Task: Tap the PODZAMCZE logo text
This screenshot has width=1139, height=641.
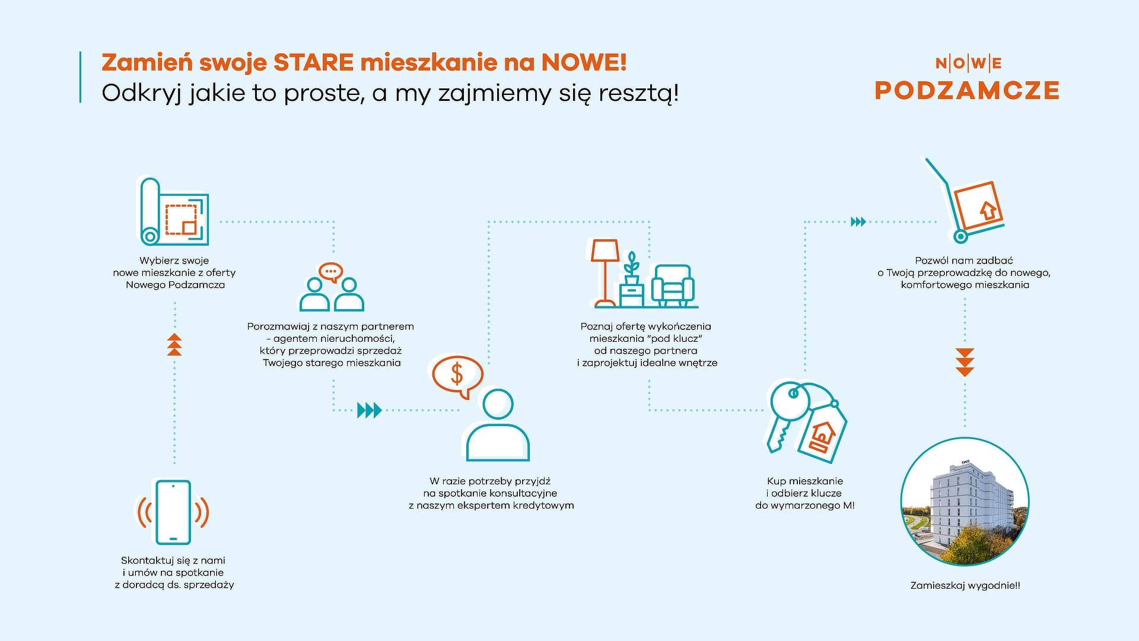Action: tap(967, 91)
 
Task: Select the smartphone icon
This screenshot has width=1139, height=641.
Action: tap(173, 512)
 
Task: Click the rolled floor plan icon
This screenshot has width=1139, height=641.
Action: tap(174, 211)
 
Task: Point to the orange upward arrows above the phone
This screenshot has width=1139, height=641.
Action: tap(174, 345)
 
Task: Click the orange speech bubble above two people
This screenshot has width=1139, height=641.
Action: tap(330, 272)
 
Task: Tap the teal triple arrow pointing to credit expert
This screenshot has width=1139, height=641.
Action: tap(369, 410)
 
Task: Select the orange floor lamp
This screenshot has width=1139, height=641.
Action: tap(605, 272)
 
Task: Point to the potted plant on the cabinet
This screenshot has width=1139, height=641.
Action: tap(632, 268)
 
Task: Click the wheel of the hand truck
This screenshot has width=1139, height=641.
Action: tap(960, 236)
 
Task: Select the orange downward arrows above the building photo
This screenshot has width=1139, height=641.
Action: tap(965, 362)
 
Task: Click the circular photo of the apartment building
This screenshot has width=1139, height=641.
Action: tap(965, 502)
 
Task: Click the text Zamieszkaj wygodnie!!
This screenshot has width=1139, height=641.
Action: tap(965, 586)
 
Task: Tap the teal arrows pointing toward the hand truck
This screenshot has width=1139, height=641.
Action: tap(858, 222)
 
